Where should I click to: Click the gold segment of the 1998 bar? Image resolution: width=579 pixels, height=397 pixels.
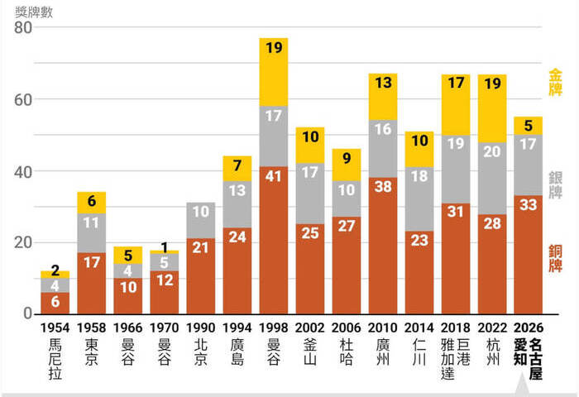click(x=274, y=72)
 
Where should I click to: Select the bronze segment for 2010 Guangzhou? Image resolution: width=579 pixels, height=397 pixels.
click(x=383, y=246)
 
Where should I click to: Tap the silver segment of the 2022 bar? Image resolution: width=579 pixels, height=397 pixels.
click(x=492, y=179)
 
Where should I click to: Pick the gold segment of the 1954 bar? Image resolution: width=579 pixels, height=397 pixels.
click(x=55, y=275)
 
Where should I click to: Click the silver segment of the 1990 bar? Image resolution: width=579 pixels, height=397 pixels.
click(x=201, y=221)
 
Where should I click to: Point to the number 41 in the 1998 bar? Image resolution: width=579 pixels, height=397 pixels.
click(x=273, y=176)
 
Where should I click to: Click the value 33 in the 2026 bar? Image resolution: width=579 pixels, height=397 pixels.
click(x=528, y=204)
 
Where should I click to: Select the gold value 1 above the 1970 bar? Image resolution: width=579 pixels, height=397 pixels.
click(x=165, y=247)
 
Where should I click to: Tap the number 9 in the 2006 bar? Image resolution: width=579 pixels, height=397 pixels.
click(x=347, y=158)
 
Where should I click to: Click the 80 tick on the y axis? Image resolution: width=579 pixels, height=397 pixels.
click(x=23, y=27)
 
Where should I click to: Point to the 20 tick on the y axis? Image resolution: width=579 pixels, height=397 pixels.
click(x=23, y=242)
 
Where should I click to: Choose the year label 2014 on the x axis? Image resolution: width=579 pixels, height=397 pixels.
click(x=419, y=328)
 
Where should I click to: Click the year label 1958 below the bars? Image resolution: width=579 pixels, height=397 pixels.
click(x=91, y=328)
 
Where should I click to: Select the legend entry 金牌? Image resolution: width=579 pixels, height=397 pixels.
click(x=555, y=82)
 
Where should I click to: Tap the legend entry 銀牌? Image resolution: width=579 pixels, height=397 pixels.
click(x=555, y=185)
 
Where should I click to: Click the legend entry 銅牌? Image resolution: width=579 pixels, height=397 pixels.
click(x=555, y=259)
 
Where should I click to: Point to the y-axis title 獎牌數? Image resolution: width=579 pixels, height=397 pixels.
click(x=34, y=12)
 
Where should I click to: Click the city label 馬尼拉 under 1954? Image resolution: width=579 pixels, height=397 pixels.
click(x=55, y=359)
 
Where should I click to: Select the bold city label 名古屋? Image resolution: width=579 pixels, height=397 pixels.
click(x=535, y=359)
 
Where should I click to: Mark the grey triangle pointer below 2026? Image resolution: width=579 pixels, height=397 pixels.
click(x=521, y=386)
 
